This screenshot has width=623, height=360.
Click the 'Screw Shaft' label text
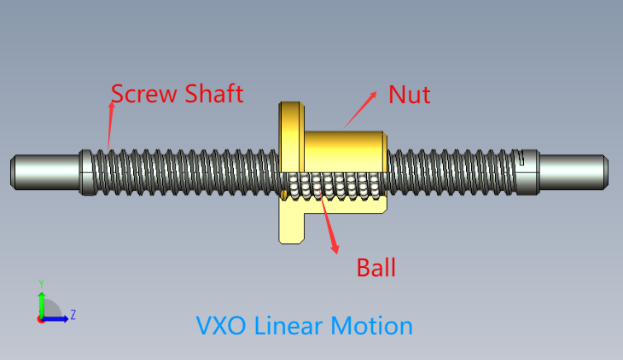click(x=178, y=94)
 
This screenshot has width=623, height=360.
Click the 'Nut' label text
click(x=409, y=95)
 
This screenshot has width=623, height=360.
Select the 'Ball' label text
click(x=376, y=268)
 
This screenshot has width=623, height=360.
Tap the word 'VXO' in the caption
click(x=222, y=326)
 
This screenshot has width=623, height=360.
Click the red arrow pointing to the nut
click(x=360, y=108)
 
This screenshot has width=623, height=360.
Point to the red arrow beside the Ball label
click(x=329, y=224)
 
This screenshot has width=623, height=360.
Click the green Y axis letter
click(x=41, y=283)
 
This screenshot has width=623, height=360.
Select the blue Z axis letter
click(x=73, y=315)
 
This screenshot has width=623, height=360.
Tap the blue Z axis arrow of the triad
click(x=56, y=319)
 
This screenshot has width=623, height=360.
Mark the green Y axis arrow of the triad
click(x=41, y=303)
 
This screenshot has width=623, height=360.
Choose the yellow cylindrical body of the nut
click(x=346, y=149)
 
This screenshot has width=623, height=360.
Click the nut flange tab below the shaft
click(x=290, y=224)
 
